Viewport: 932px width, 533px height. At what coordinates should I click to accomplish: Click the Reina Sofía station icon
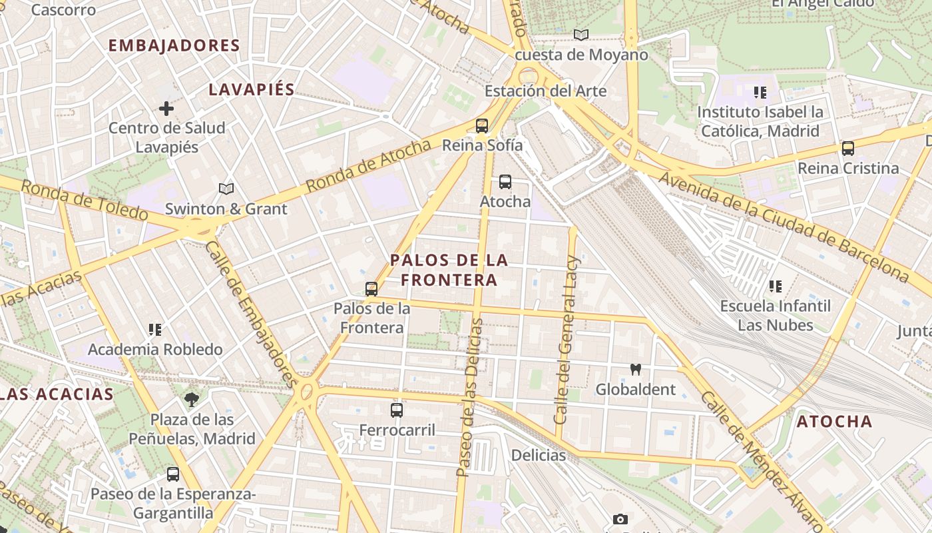pos(481,125)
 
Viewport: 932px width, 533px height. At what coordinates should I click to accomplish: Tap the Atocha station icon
pos(505,181)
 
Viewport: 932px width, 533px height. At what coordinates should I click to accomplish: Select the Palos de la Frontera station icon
pos(371,289)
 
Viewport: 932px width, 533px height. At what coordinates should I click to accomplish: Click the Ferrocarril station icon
pos(397,410)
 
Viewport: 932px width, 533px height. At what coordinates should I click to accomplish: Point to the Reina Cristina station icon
pos(848,149)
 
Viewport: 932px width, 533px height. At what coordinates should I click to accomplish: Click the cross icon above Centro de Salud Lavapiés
pos(166,108)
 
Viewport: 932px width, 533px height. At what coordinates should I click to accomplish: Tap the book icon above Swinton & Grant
pos(226,189)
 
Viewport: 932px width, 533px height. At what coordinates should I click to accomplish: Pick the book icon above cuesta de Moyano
pos(581,35)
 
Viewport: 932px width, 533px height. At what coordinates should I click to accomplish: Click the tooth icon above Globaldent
pos(635,369)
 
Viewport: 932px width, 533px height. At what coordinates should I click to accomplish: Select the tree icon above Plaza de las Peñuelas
pos(192,399)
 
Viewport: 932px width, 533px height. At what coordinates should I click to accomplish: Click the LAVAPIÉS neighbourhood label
pos(252,90)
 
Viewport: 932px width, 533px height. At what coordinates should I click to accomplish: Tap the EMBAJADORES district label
pos(174,46)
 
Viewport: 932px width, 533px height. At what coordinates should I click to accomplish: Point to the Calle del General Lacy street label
pos(567,340)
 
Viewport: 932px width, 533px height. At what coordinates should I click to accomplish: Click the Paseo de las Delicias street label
pos(470,397)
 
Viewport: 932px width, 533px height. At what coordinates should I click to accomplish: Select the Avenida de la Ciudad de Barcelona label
pos(783,225)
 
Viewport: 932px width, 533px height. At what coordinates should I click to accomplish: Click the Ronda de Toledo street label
pos(83,200)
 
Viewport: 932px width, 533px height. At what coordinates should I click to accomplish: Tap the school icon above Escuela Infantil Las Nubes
pos(775,286)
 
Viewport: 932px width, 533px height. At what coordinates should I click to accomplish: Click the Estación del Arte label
pos(546,91)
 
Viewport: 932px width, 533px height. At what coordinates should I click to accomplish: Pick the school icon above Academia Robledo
pos(155,329)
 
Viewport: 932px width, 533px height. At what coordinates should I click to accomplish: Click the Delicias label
pos(539,456)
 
